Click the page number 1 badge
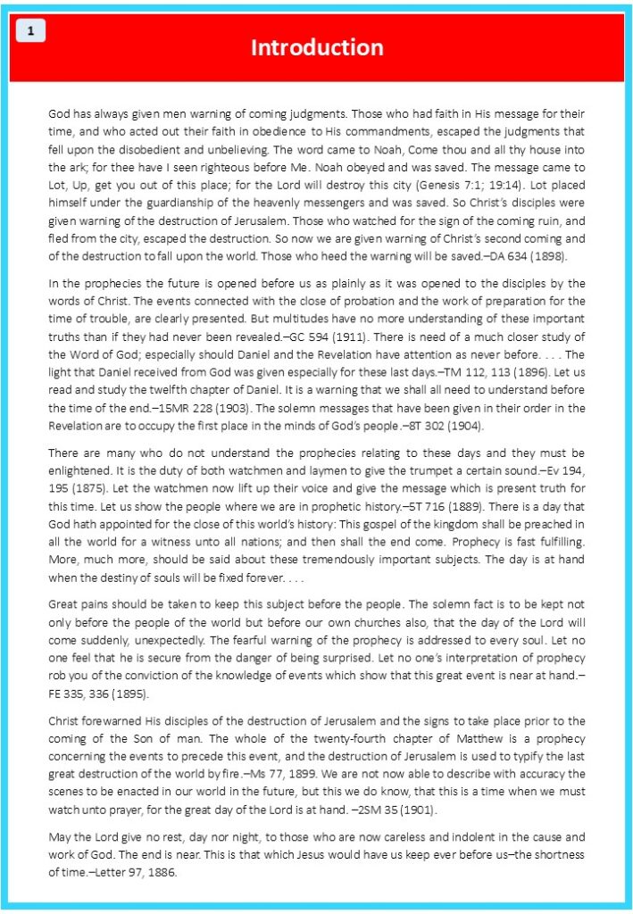click(30, 31)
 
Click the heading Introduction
click(316, 47)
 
